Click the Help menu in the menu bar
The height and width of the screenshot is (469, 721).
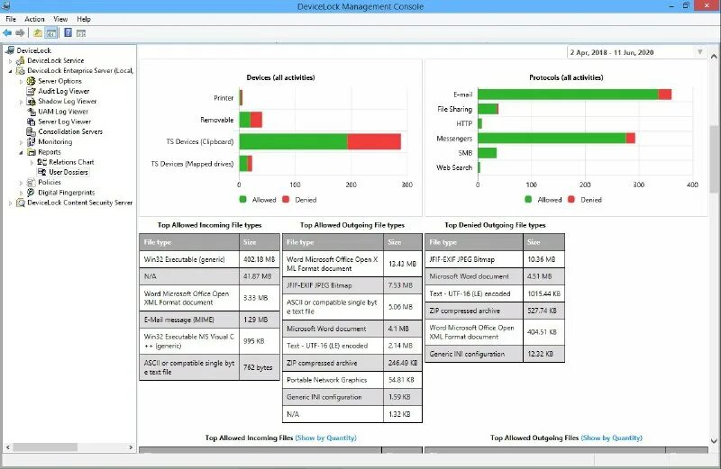(84, 19)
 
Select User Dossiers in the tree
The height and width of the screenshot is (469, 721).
(68, 172)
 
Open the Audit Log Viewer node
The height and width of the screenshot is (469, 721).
(63, 91)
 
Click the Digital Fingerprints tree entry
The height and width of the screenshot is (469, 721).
(66, 193)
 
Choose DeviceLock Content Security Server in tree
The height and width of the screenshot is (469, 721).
(79, 203)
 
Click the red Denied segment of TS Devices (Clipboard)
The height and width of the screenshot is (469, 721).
(374, 141)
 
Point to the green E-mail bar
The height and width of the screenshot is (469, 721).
(568, 94)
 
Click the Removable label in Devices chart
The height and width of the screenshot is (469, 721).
(217, 120)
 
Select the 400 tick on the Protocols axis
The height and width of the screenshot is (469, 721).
(691, 185)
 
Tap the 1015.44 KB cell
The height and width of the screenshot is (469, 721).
(544, 293)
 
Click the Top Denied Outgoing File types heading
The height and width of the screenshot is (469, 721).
(496, 225)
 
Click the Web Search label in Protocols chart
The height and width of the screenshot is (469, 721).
(454, 167)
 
